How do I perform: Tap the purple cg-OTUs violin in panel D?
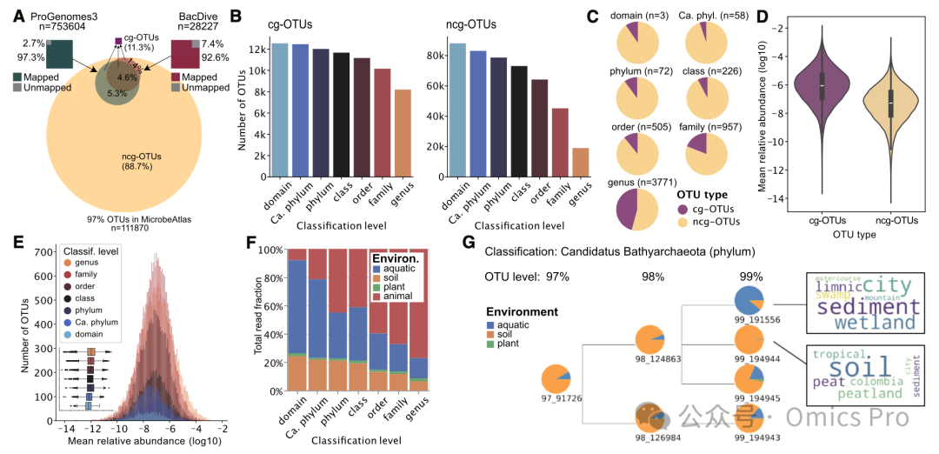[822, 96]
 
